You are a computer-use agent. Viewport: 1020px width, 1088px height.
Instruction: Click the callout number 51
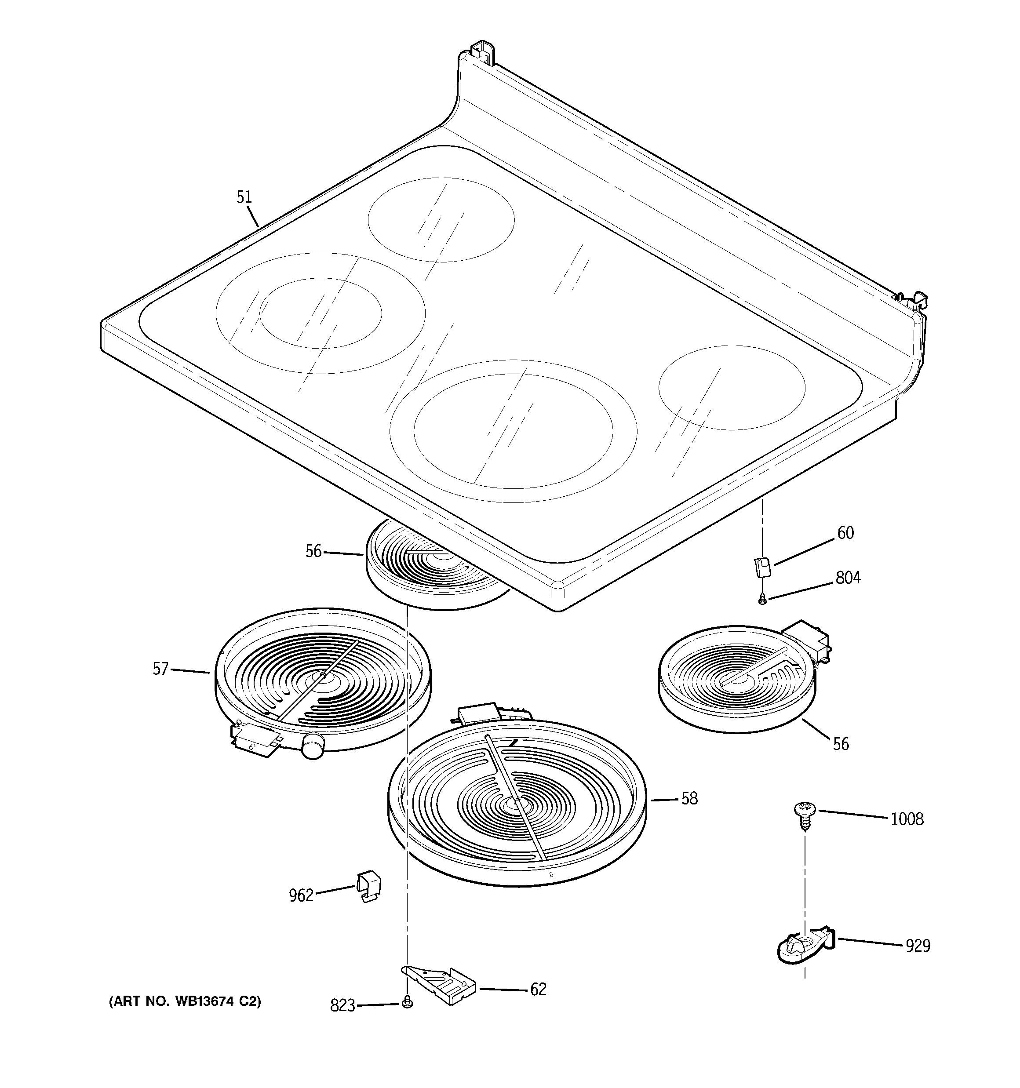[x=244, y=197]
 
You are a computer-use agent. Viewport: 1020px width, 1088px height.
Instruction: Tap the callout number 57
[x=160, y=669]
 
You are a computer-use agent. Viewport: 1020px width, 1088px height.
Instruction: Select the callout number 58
[x=689, y=798]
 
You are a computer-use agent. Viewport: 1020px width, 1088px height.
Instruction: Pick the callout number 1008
[x=907, y=819]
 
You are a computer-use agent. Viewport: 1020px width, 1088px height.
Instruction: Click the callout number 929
[x=918, y=946]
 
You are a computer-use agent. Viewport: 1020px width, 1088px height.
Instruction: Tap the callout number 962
[x=301, y=896]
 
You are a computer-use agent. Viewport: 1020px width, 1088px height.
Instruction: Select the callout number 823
[x=343, y=1006]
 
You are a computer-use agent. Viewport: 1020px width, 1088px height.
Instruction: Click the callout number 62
[x=538, y=990]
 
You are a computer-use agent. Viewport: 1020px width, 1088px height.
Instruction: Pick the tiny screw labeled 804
[x=761, y=601]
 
